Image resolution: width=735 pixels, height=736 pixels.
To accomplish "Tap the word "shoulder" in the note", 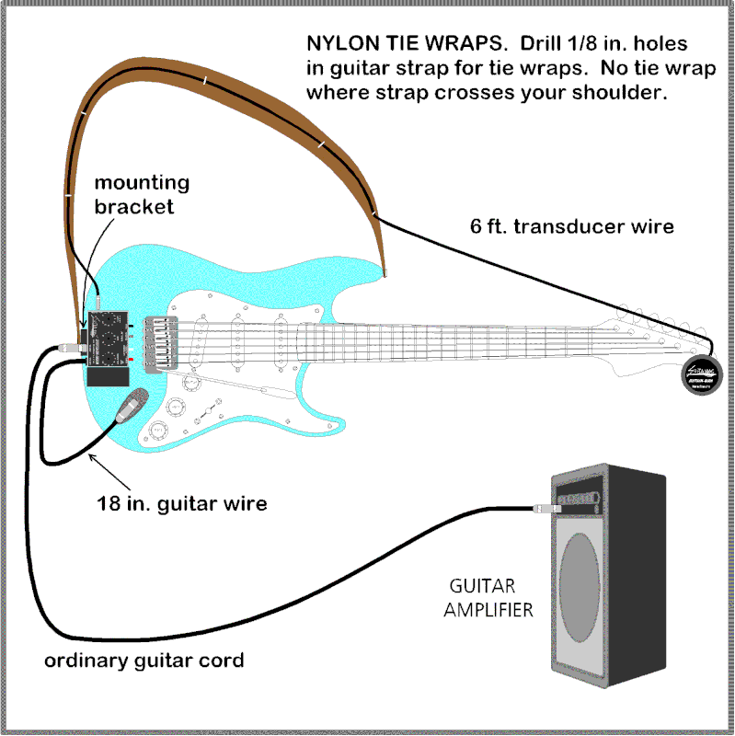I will pyautogui.click(x=607, y=92).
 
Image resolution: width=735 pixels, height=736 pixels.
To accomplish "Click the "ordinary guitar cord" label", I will pyautogui.click(x=144, y=661).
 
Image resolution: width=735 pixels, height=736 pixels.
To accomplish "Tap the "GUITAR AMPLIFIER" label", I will pyautogui.click(x=489, y=597).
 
